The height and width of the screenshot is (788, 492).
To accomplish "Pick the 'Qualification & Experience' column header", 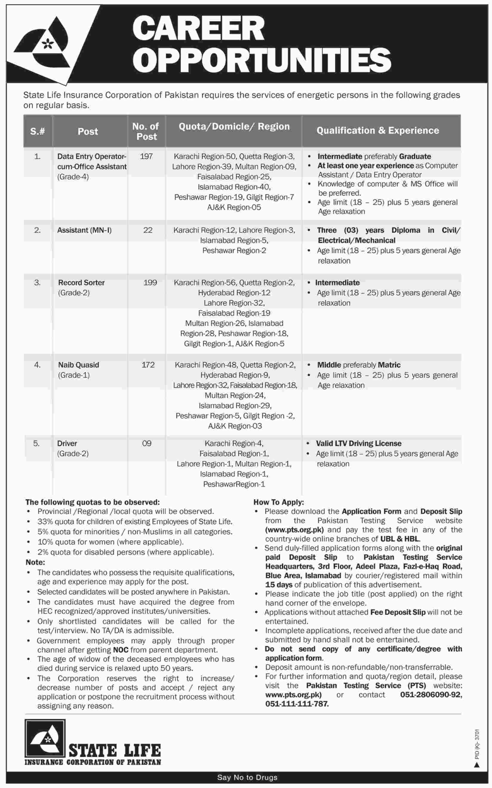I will pos(377,131).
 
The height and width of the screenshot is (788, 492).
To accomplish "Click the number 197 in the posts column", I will pos(146,156).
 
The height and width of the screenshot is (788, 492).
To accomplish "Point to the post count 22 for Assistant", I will pos(148,230).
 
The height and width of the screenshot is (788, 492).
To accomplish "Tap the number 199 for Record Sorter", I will pos(150,283).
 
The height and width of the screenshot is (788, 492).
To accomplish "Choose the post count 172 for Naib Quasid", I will pos(148,365).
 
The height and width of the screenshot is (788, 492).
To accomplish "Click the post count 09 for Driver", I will pos(147,443).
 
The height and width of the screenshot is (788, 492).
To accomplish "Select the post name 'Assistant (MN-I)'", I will pos(84,230).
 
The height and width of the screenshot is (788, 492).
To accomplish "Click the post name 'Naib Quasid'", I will pos(79,365).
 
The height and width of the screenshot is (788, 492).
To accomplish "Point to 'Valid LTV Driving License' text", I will pos(358,443).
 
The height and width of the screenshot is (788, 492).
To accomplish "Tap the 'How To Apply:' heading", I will pos(279,502).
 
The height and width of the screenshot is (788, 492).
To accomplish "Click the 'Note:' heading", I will pos(35,562).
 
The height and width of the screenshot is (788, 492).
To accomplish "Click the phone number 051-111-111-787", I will pos(297,704).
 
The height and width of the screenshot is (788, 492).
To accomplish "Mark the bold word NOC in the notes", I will pos(121,650).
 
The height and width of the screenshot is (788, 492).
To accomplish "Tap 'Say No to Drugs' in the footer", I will pos(247,778).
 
